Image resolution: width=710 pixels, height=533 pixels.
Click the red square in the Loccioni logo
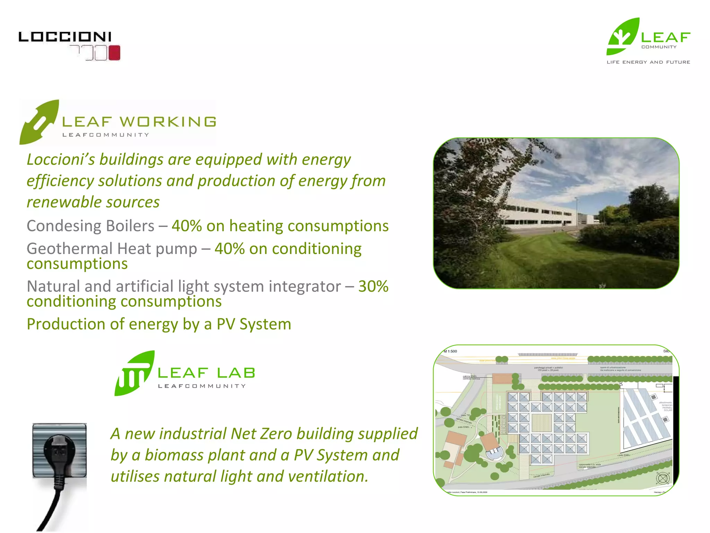click(x=114, y=53)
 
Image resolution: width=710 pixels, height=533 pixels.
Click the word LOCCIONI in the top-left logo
click(x=65, y=37)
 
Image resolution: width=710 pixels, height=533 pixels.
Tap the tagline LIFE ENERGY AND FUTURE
click(x=648, y=62)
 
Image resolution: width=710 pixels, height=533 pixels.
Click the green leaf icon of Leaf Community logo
click(x=623, y=37)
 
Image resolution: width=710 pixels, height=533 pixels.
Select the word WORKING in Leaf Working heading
click(x=168, y=122)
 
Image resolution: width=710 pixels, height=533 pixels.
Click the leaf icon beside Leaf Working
click(x=39, y=122)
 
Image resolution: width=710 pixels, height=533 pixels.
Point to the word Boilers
click(x=130, y=226)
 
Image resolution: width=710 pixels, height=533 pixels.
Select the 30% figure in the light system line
click(x=373, y=287)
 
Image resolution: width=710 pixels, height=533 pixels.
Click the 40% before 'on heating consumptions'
click(x=187, y=226)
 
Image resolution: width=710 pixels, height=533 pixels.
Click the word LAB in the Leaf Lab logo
click(x=236, y=373)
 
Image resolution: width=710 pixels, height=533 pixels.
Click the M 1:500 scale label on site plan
click(x=450, y=351)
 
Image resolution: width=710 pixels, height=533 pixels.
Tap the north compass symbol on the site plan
click(x=662, y=479)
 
